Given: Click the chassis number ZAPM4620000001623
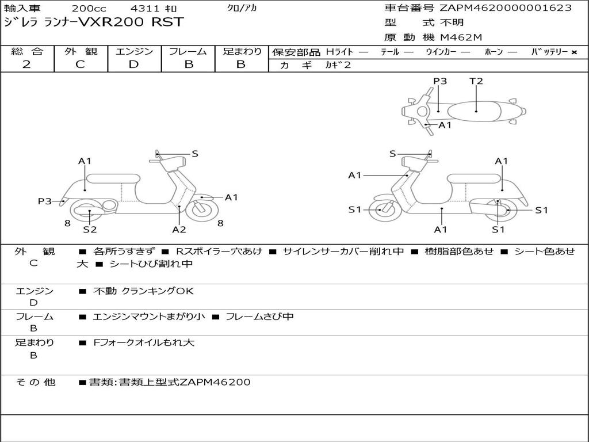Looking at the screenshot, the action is (506, 8).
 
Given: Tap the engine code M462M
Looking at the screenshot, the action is (461, 38).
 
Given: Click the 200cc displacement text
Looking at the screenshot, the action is (89, 9).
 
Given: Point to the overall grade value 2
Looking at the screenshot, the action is (26, 64).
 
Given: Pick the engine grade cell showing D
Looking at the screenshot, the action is (133, 64).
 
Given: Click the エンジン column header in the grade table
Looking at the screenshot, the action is (134, 51).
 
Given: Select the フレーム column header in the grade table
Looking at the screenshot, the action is (188, 51).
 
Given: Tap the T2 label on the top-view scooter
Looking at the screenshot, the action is (476, 81).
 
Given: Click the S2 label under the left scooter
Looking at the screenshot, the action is (90, 230).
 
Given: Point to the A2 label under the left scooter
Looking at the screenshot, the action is (179, 230).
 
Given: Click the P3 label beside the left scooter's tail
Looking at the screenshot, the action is (45, 201).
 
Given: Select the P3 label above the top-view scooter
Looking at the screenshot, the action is (440, 81).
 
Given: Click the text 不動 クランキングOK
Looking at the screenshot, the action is (144, 291).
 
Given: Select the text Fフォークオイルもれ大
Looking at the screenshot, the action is (144, 343).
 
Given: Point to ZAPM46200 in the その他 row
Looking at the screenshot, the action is (215, 382).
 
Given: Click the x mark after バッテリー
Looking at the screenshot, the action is (574, 52).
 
